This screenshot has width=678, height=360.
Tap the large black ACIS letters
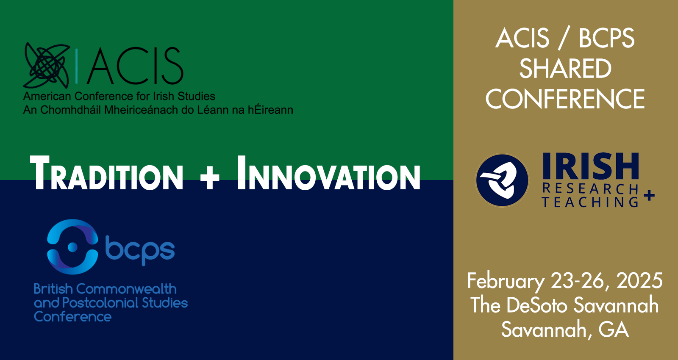(x=135, y=65)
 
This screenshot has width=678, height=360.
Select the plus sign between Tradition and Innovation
(x=209, y=179)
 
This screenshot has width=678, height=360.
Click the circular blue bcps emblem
(x=72, y=247)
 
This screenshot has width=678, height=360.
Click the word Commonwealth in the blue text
(x=126, y=289)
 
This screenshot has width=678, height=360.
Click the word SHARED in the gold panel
(x=565, y=69)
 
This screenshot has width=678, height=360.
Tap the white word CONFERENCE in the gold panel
(x=565, y=99)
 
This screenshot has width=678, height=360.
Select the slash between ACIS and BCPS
(x=564, y=39)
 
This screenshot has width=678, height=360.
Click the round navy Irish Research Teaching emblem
(x=503, y=180)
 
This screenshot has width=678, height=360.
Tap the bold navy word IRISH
(x=591, y=166)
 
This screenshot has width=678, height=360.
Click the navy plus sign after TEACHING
(x=649, y=196)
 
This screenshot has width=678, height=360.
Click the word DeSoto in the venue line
(x=536, y=305)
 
